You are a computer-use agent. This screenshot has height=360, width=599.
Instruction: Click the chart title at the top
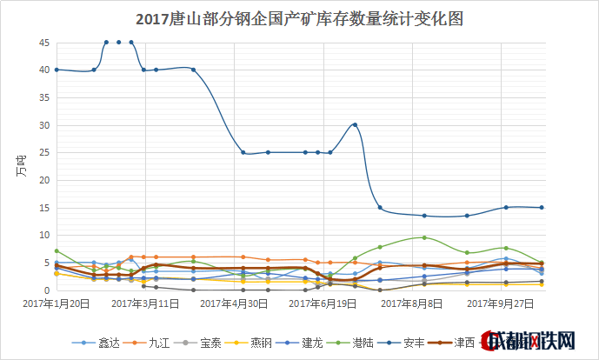click(x=300, y=17)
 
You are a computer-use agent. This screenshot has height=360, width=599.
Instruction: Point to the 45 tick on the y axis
click(x=43, y=43)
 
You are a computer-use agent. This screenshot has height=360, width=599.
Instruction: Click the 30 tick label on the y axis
click(x=43, y=125)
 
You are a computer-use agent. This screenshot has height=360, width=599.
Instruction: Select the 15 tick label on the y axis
click(x=43, y=208)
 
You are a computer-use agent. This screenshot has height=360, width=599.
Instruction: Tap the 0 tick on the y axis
click(x=46, y=290)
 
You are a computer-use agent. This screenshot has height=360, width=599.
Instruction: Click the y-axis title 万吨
click(x=21, y=164)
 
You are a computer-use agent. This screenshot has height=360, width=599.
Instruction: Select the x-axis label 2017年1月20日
click(x=56, y=303)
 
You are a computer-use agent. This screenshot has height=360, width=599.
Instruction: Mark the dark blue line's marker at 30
click(x=355, y=125)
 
